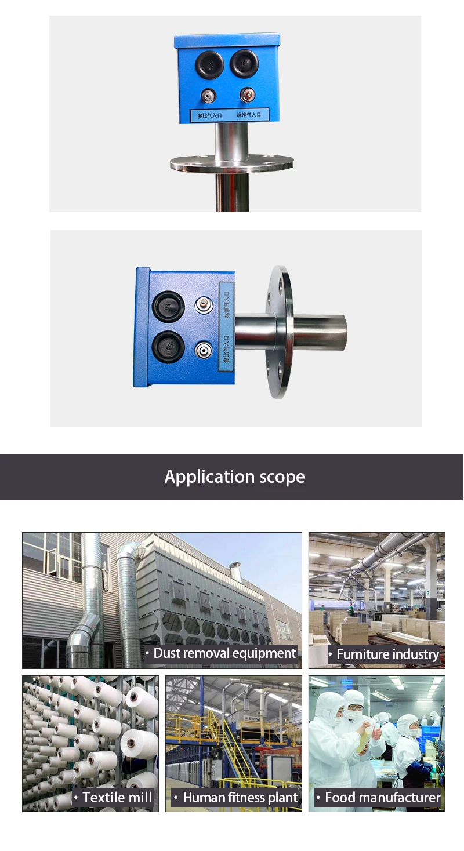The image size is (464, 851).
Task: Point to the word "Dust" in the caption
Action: (x=167, y=653)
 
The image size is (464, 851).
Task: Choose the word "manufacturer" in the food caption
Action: (x=400, y=798)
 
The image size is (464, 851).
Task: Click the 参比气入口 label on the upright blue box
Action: (x=207, y=115)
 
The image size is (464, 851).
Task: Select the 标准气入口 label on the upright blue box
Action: (x=249, y=115)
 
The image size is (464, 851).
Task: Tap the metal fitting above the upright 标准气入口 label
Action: (x=248, y=94)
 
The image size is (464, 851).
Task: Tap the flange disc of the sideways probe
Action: (x=281, y=332)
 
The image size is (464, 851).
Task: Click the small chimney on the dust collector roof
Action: (x=235, y=570)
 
